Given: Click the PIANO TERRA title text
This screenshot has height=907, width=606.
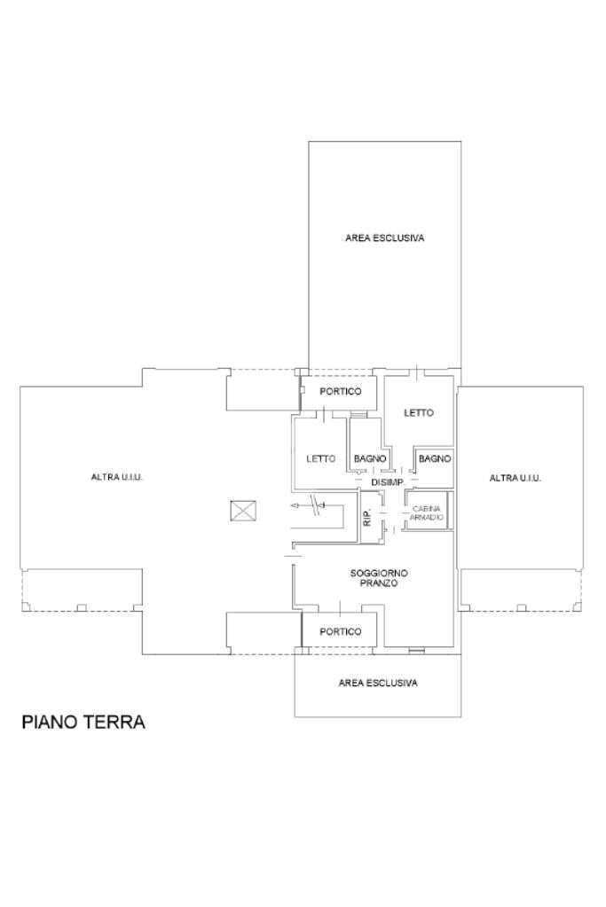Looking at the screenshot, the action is click(x=83, y=722).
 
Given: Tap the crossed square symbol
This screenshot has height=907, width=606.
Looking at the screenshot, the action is click(x=243, y=511).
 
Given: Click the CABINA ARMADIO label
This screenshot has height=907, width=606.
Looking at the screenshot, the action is click(x=427, y=513).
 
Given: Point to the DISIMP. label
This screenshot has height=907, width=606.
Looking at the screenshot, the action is click(x=387, y=481).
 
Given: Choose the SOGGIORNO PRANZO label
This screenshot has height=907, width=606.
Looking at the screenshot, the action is click(x=379, y=578).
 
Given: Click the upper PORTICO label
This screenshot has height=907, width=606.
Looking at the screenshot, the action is click(x=341, y=392).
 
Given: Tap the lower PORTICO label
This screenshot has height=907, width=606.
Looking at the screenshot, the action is click(x=341, y=631).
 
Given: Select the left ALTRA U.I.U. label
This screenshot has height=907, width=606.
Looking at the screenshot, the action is click(x=117, y=477).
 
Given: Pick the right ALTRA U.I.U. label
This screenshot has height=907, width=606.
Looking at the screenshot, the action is click(x=515, y=478).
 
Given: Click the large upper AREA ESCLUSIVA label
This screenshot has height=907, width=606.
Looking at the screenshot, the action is click(x=385, y=238).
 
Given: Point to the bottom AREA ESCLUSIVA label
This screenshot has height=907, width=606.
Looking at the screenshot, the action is click(x=378, y=684).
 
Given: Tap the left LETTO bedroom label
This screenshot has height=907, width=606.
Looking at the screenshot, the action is click(x=320, y=458).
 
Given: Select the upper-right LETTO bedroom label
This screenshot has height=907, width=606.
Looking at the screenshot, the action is click(x=419, y=413).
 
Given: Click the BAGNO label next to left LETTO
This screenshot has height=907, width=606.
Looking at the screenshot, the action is click(x=370, y=458).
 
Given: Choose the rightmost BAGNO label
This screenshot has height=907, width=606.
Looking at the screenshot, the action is click(x=435, y=458).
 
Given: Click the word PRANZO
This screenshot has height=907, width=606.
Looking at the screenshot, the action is click(x=379, y=583).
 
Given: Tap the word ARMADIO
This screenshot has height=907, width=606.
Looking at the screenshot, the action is click(x=427, y=517).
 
